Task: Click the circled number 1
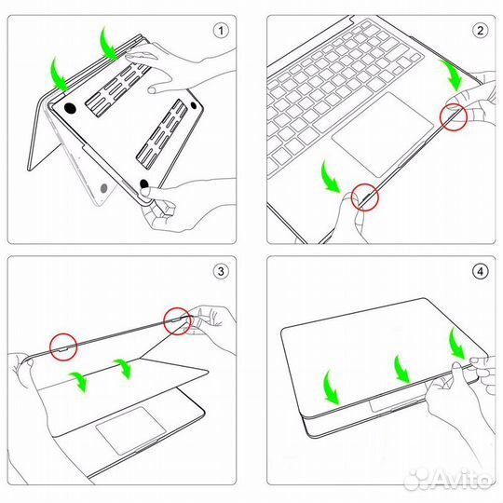tap(221, 30)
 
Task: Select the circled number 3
tap(221, 272)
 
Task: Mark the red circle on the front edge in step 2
tap(366, 197)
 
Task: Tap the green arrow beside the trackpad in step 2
tap(329, 176)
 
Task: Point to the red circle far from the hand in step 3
tap(62, 346)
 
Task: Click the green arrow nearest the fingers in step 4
tap(455, 342)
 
